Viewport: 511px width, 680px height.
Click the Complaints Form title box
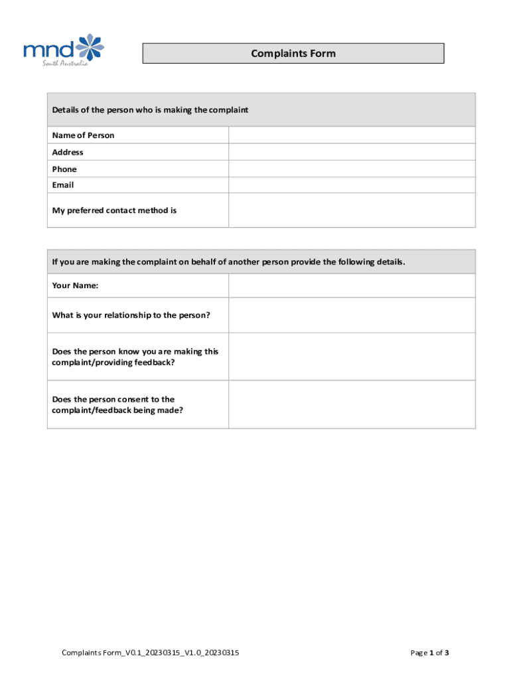click(293, 53)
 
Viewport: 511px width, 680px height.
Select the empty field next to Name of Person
click(352, 135)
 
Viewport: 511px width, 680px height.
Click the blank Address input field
click(352, 152)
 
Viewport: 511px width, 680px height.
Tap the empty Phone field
click(352, 169)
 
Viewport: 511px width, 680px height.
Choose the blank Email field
click(352, 185)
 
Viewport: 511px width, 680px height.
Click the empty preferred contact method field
click(352, 211)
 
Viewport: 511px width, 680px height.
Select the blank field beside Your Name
click(352, 286)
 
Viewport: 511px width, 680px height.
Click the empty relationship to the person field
click(352, 315)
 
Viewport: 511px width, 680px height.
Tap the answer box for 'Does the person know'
click(352, 357)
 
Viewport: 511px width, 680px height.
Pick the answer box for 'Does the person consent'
click(352, 404)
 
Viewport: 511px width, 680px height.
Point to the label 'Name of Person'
click(83, 135)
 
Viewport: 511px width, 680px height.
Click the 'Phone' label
click(64, 169)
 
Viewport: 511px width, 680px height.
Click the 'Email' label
click(63, 185)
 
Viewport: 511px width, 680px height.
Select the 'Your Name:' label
click(75, 286)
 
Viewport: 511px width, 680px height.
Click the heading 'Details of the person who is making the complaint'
click(150, 110)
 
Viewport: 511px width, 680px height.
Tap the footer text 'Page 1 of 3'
click(430, 653)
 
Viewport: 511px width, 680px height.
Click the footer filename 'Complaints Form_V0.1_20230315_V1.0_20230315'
click(150, 653)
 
